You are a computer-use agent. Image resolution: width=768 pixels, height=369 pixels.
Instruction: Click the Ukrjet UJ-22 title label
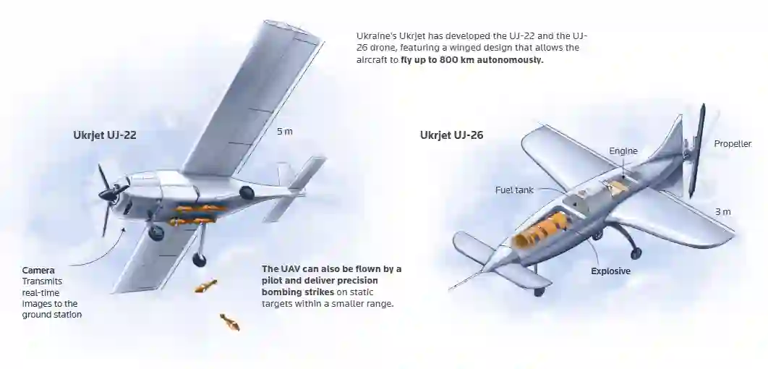105,135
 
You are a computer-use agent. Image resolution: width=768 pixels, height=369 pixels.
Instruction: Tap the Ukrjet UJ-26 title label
451,135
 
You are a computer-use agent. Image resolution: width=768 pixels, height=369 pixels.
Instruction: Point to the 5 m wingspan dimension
285,132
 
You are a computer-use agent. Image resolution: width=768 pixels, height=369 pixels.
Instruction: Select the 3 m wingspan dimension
723,212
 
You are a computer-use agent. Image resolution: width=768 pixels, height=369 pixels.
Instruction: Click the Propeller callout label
733,143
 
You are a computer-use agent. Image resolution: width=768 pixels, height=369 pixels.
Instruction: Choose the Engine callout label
623,151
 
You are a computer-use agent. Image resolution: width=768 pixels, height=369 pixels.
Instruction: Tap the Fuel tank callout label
514,190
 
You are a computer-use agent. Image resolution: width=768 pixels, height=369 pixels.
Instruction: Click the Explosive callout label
611,271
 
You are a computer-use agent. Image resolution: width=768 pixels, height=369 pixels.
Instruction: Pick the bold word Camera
38,271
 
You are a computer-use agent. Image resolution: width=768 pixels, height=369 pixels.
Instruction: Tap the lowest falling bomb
230,322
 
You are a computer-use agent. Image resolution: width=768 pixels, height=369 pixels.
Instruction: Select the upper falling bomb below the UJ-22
205,286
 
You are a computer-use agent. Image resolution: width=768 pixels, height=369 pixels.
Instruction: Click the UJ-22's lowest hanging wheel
199,259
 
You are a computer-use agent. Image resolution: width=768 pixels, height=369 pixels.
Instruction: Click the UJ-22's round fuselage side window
247,192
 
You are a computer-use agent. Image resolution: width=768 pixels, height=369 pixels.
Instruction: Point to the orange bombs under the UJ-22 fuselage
197,215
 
